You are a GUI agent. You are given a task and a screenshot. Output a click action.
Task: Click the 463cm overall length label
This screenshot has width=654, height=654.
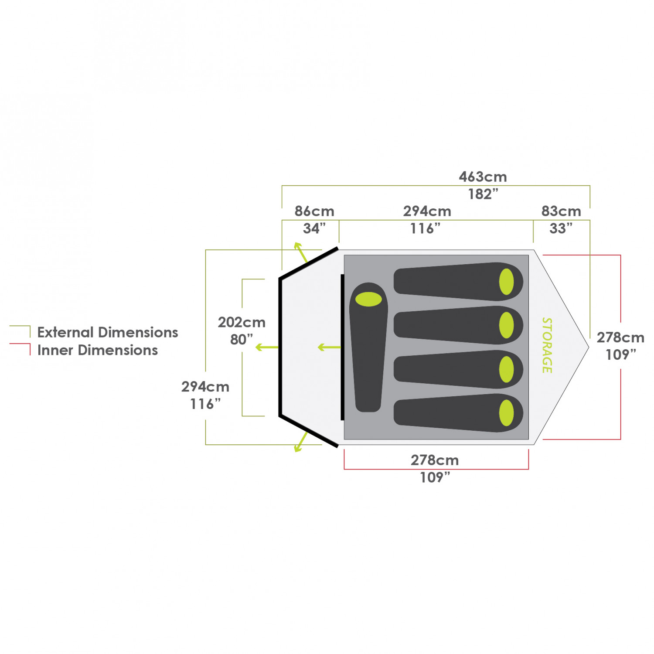click(x=483, y=177)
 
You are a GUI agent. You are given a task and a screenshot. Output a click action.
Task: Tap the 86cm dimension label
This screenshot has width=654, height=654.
click(x=314, y=211)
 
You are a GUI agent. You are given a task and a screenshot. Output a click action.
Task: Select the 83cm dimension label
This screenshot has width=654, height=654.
click(x=561, y=211)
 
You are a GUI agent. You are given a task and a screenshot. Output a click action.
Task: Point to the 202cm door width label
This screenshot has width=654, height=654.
click(x=242, y=323)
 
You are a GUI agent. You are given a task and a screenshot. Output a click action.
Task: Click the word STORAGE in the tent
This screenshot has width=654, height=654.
click(x=547, y=345)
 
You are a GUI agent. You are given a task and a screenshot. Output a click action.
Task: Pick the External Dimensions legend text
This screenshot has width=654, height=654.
click(x=108, y=333)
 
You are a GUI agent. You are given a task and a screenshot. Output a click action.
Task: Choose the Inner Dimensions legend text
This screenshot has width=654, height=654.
click(x=98, y=351)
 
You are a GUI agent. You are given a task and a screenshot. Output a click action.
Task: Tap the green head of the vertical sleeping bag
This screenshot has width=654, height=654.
click(x=368, y=299)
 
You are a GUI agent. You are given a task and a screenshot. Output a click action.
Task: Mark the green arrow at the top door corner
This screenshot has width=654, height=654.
click(x=300, y=252)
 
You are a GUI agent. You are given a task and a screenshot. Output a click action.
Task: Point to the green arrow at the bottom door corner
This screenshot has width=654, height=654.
click(x=300, y=443)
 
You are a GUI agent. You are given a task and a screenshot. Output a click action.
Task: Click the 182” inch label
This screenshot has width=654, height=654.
click(x=483, y=194)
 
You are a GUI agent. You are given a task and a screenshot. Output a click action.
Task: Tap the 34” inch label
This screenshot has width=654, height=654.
click(x=314, y=228)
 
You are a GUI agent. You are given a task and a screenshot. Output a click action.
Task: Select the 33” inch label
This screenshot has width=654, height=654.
click(x=561, y=228)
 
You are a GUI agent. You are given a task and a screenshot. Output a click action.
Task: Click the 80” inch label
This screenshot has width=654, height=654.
click(x=241, y=339)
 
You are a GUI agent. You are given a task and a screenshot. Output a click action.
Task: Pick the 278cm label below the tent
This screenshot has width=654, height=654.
click(x=435, y=460)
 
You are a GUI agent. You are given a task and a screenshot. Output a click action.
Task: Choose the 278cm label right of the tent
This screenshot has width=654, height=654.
click(x=620, y=338)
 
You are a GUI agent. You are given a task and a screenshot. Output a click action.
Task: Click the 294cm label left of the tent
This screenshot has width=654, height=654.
click(x=205, y=387)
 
